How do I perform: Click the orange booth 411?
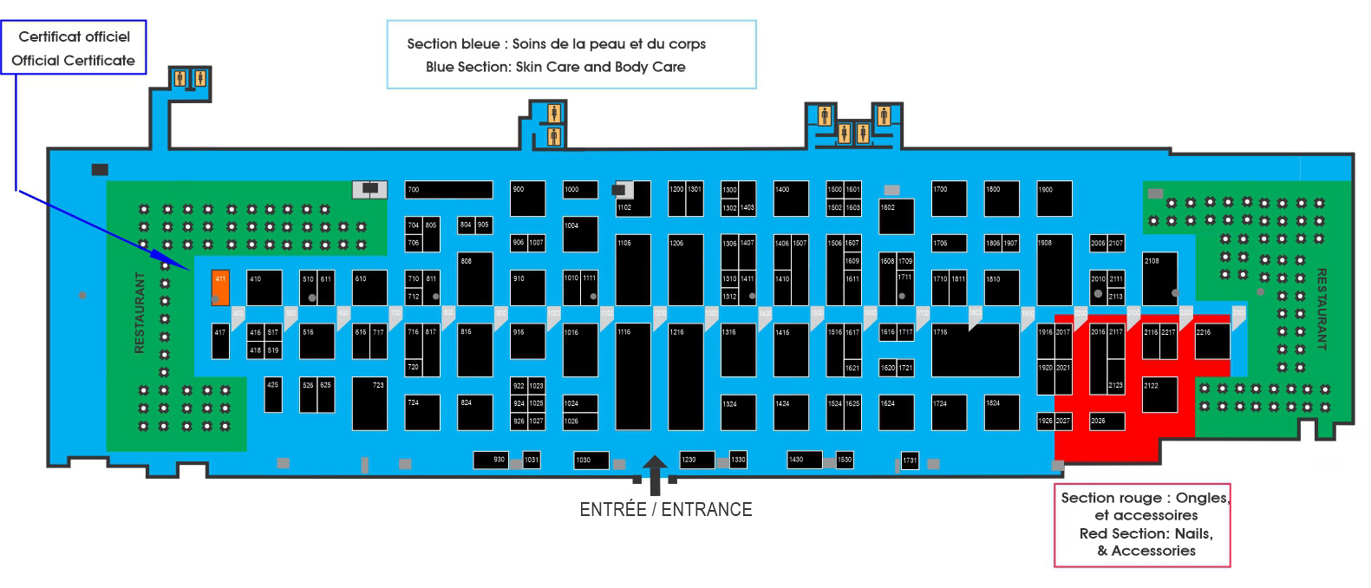[x=221, y=287]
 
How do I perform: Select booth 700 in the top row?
[x=449, y=190]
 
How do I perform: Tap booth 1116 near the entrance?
[x=633, y=376]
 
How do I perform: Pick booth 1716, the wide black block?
[x=975, y=350]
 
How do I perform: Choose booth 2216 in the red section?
[x=1211, y=342]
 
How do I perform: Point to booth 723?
[x=369, y=403]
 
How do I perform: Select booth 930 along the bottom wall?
[x=491, y=460]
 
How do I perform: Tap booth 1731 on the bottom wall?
[x=909, y=461]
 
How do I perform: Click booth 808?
[x=474, y=278]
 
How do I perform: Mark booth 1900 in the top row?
[x=1054, y=199]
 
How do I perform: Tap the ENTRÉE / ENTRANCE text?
[x=665, y=509]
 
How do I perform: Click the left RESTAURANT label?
[x=140, y=312]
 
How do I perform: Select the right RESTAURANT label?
[x=1321, y=309]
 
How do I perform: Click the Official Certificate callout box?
[x=73, y=49]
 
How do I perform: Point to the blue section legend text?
[x=556, y=55]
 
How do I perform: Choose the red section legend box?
[x=1141, y=525]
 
